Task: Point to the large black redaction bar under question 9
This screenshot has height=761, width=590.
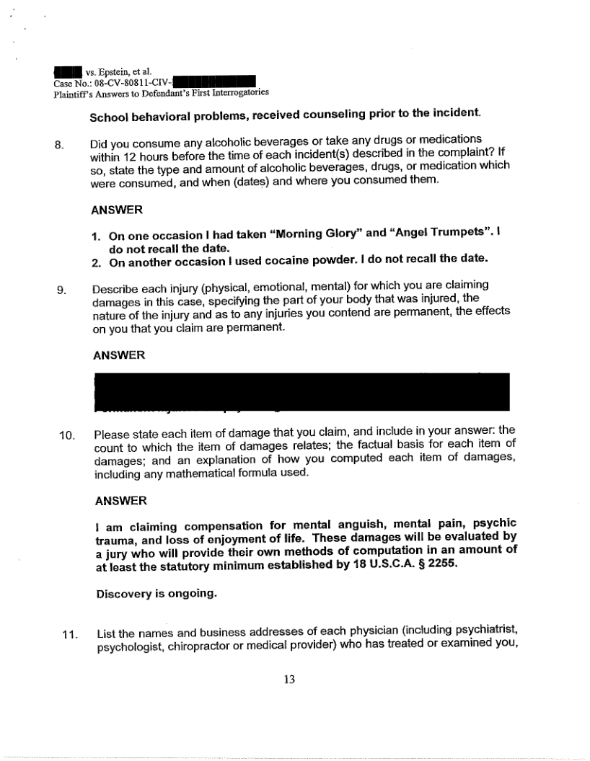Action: coord(301,391)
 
